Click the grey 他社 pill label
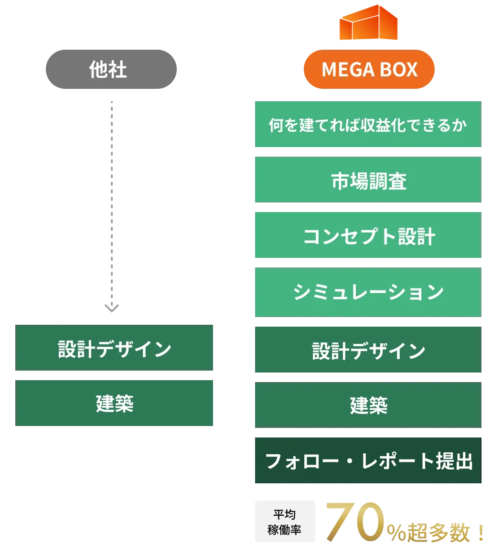tap(112, 70)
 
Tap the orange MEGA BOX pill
tap(369, 70)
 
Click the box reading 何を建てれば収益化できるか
tap(367, 125)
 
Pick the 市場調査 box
tap(367, 180)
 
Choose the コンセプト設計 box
tap(367, 235)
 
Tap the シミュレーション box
tap(367, 292)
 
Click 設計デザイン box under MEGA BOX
tap(367, 351)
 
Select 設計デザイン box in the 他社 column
tap(115, 348)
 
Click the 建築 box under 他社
tap(115, 404)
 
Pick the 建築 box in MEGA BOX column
tap(367, 405)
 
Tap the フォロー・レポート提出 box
tap(367, 461)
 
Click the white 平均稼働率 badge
tap(285, 522)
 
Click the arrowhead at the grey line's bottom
tap(113, 307)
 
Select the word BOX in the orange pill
tap(399, 70)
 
